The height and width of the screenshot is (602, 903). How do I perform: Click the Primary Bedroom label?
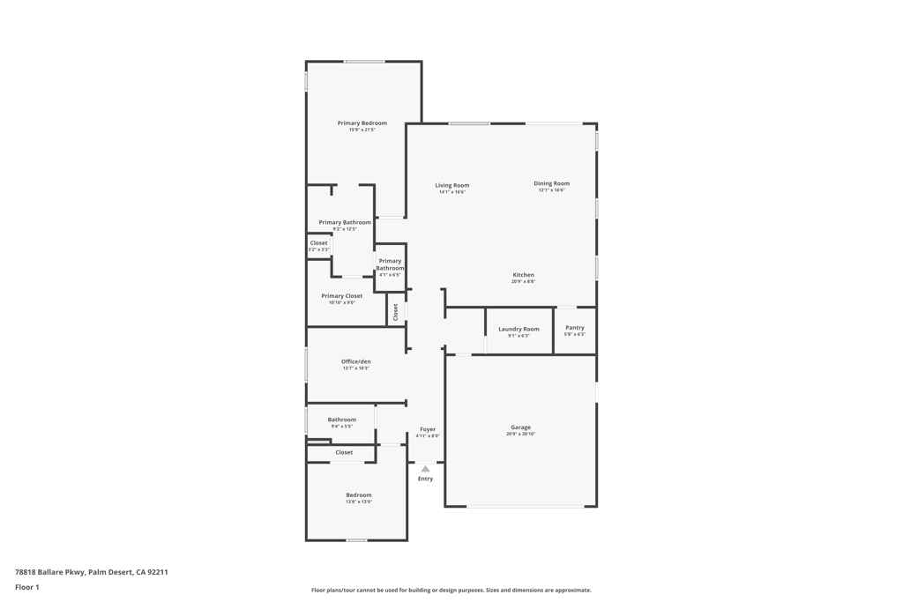[x=362, y=123]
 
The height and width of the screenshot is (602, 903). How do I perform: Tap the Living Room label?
[x=451, y=186]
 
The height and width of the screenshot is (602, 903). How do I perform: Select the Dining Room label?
[x=551, y=183]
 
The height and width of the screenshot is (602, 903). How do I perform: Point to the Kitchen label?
[x=523, y=275]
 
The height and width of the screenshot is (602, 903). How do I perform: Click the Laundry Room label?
[x=519, y=329]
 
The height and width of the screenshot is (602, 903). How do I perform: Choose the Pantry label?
[x=575, y=328]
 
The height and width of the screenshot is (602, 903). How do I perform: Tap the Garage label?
[x=520, y=427]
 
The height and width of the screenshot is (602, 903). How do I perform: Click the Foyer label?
[x=428, y=429]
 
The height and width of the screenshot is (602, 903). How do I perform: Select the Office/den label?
[x=356, y=361]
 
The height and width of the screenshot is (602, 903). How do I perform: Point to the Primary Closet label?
[x=341, y=296]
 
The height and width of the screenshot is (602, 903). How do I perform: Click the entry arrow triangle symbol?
[x=425, y=469]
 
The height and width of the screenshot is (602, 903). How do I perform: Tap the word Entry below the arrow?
[x=425, y=479]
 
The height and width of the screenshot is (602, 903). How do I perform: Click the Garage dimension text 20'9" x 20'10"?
[x=520, y=434]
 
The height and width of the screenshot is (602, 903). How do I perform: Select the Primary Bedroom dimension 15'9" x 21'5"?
[x=362, y=130]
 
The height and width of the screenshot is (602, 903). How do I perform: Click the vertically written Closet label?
[x=396, y=311]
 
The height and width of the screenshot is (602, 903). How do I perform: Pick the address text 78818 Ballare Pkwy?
[x=49, y=572]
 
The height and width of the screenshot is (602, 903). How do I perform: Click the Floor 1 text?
[x=27, y=587]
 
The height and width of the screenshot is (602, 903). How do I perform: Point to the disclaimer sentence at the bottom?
[x=451, y=591]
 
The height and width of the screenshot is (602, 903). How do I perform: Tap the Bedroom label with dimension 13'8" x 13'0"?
[x=358, y=495]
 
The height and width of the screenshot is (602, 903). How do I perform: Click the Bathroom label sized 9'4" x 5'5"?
[x=341, y=420]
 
